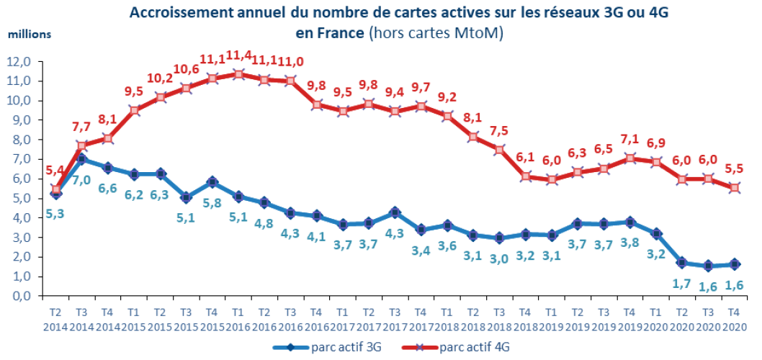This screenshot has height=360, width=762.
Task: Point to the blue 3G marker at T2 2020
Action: pos(683,263)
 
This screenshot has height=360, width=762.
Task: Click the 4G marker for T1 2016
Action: pos(238,73)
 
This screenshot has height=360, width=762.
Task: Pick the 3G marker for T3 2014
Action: pos(82,159)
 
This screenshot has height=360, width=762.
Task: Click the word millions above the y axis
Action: pos(30,34)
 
